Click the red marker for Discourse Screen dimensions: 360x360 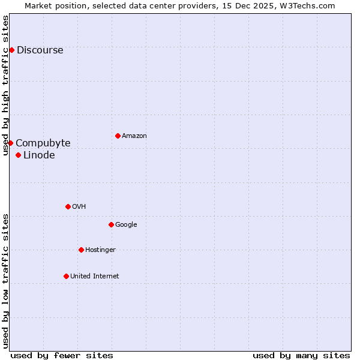pyautogui.click(x=11, y=50)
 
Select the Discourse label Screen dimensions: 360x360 pyautogui.click(x=40, y=50)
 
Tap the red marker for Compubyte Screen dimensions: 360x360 pyautogui.click(x=10, y=143)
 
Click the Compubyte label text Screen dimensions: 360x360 pyautogui.click(x=43, y=143)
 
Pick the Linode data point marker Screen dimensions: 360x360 pyautogui.click(x=18, y=155)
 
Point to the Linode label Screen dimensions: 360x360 pyautogui.click(x=39, y=155)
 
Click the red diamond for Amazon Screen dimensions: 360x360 pyautogui.click(x=118, y=136)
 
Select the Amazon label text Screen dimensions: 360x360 pyautogui.click(x=134, y=136)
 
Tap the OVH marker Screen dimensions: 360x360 pyautogui.click(x=68, y=206)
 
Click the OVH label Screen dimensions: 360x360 pyautogui.click(x=79, y=207)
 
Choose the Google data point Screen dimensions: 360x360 pyautogui.click(x=111, y=224)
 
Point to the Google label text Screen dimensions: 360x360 pyautogui.click(x=126, y=225)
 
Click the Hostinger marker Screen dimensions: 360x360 pyautogui.click(x=81, y=250)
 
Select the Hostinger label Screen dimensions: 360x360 pyautogui.click(x=100, y=250)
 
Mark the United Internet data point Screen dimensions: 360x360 pyautogui.click(x=66, y=276)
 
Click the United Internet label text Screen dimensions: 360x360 pyautogui.click(x=94, y=277)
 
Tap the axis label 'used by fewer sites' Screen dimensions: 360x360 pyautogui.click(x=61, y=355)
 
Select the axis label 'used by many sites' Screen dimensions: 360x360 pyautogui.click(x=301, y=355)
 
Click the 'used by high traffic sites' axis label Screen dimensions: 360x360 pyautogui.click(x=6, y=85)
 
